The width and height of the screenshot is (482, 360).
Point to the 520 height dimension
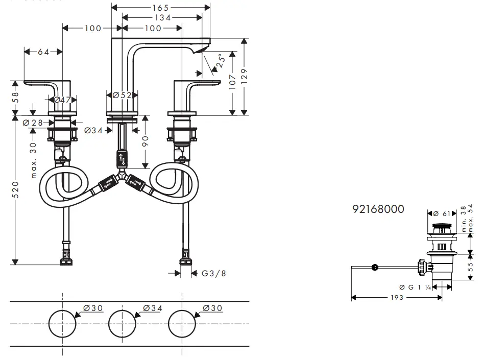[16, 189]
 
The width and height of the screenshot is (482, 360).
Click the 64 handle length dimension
[43, 52]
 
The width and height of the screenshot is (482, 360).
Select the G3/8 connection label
[213, 273]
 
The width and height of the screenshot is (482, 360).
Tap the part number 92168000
[378, 209]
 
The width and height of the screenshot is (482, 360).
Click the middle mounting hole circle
[122, 323]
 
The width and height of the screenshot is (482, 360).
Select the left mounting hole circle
[62, 323]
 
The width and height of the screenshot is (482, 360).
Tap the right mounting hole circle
[182, 323]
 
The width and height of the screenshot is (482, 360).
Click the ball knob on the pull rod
[375, 267]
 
